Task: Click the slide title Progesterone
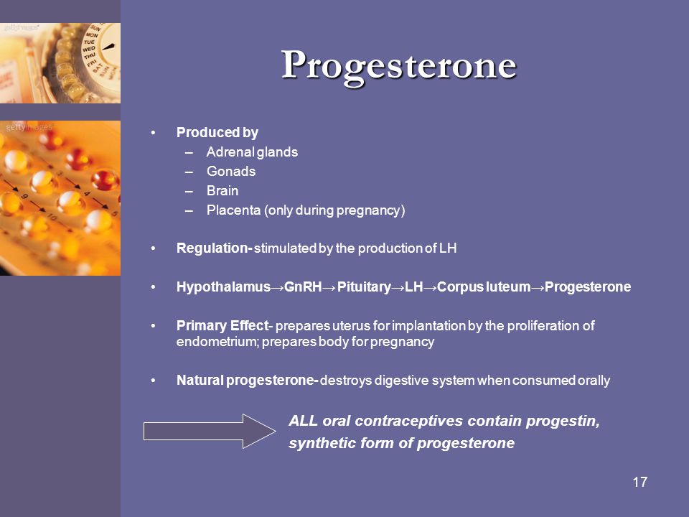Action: tap(399, 66)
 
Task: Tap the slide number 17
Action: tap(639, 483)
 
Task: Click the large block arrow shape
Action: tap(210, 432)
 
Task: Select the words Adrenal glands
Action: tap(252, 152)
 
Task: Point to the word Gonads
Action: tap(231, 172)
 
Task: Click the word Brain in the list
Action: tap(222, 191)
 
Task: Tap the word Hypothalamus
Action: tap(223, 287)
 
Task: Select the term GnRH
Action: tap(303, 287)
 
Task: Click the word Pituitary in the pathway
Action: tap(364, 287)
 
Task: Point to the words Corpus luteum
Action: tap(484, 287)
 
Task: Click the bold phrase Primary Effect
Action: tap(222, 326)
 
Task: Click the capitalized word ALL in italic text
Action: tap(303, 421)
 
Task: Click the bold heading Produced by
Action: tap(217, 133)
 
